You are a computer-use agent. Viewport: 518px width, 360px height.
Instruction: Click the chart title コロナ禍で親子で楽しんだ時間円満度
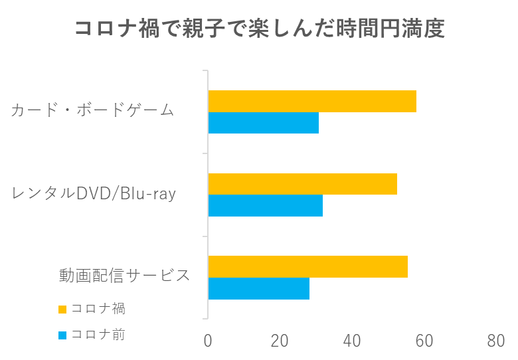coord(258,30)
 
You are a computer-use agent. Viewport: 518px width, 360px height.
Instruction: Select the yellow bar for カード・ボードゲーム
coord(312,102)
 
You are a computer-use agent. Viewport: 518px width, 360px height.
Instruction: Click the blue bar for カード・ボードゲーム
coord(263,124)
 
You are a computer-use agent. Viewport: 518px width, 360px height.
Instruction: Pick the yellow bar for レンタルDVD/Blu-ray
coord(302,184)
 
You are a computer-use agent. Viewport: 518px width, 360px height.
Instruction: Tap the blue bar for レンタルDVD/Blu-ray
coord(265,206)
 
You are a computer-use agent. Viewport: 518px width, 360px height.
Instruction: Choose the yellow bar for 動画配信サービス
coord(307,266)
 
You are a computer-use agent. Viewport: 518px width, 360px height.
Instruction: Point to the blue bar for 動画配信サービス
coord(258,288)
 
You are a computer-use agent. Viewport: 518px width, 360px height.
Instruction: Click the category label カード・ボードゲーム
coord(92,110)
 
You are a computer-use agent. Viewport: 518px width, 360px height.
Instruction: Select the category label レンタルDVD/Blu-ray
coord(94,193)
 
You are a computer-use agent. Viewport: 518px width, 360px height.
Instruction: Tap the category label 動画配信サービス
coord(124,275)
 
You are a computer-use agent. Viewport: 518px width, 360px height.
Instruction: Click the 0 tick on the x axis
coord(208,341)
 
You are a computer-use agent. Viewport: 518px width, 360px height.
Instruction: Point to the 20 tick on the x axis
coord(280,341)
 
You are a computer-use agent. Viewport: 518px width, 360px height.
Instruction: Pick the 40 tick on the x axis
coord(352,341)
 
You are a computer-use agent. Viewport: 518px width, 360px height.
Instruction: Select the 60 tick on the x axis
coord(424,341)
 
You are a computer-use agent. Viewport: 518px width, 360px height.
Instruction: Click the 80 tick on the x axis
coord(495,341)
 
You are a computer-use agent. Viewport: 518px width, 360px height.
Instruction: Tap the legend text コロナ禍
coord(98,309)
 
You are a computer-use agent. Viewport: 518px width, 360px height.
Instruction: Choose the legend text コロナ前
coord(98,335)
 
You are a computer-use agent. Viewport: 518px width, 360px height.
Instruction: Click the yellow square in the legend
coord(62,310)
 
